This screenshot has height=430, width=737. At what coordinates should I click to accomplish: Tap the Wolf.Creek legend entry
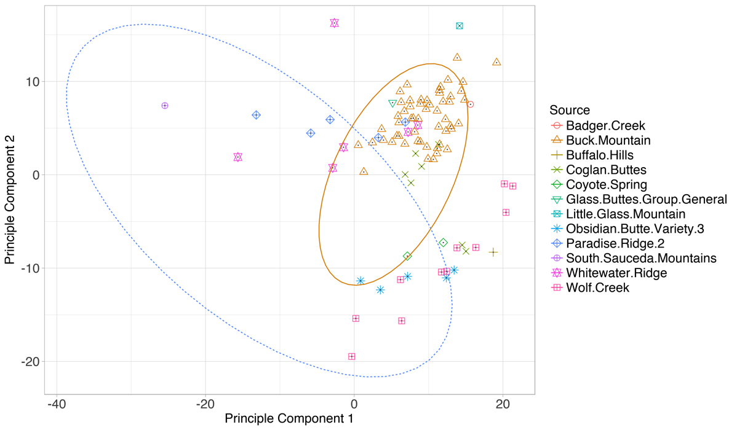[597, 287]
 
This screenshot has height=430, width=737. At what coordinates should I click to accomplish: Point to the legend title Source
[570, 111]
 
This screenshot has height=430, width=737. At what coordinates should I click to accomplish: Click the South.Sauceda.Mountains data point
[165, 106]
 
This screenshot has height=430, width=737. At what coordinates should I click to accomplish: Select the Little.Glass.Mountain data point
[460, 26]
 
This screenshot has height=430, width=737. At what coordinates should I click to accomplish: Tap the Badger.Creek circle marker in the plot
[471, 104]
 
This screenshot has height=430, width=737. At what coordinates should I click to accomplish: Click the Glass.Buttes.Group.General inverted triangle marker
[392, 104]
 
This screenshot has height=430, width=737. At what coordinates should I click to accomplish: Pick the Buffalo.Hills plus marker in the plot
[493, 252]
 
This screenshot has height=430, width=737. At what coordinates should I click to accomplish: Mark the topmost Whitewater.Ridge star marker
[334, 23]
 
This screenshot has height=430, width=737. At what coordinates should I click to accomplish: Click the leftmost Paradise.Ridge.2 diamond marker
[257, 115]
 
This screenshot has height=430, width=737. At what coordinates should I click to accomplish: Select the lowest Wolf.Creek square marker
[352, 356]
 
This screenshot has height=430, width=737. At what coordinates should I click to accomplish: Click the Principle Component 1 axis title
[289, 420]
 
